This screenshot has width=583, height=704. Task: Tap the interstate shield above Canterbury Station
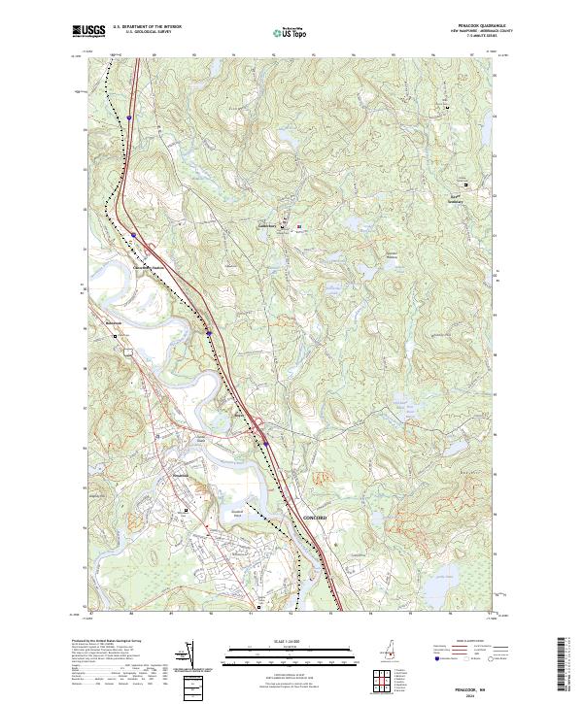[133, 234]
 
